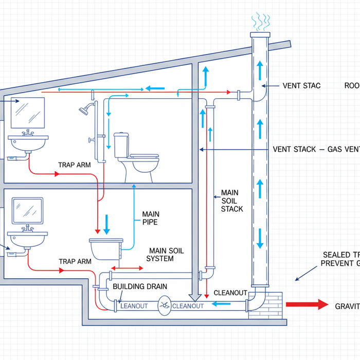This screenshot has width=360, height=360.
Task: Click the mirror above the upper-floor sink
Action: [27, 113]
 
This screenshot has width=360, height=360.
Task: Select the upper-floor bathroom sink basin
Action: [29, 140]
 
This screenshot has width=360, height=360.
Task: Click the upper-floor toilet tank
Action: [121, 145]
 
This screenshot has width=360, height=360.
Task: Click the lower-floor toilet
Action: [106, 249]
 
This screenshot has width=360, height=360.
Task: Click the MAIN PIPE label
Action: [151, 218]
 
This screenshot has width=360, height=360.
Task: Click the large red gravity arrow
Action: [307, 304]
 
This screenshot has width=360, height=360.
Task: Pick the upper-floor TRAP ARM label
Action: [75, 166]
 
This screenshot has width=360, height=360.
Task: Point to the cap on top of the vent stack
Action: [259, 35]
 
